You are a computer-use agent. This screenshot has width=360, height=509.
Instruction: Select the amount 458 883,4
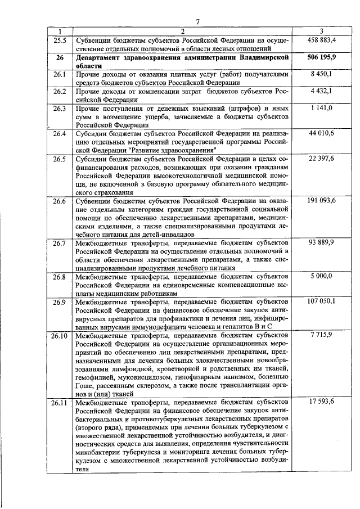click(322, 40)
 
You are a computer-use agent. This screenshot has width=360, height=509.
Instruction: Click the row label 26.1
click(60, 74)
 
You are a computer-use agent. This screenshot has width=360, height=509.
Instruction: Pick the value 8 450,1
click(322, 74)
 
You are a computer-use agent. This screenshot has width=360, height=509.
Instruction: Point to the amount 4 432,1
click(322, 91)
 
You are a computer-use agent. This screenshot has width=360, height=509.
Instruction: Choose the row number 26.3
click(60, 107)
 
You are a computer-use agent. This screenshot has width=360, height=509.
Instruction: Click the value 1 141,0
click(322, 107)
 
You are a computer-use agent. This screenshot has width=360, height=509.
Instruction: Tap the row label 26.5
click(60, 159)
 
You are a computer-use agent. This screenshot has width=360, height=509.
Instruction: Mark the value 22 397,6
click(322, 159)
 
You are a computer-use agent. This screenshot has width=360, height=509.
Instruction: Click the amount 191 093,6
click(322, 201)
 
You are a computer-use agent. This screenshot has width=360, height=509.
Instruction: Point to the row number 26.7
click(60, 242)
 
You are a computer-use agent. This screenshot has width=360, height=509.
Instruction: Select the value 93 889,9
click(322, 242)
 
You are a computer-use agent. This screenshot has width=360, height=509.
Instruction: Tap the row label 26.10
click(59, 335)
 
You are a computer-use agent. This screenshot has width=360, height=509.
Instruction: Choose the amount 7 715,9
click(322, 335)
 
